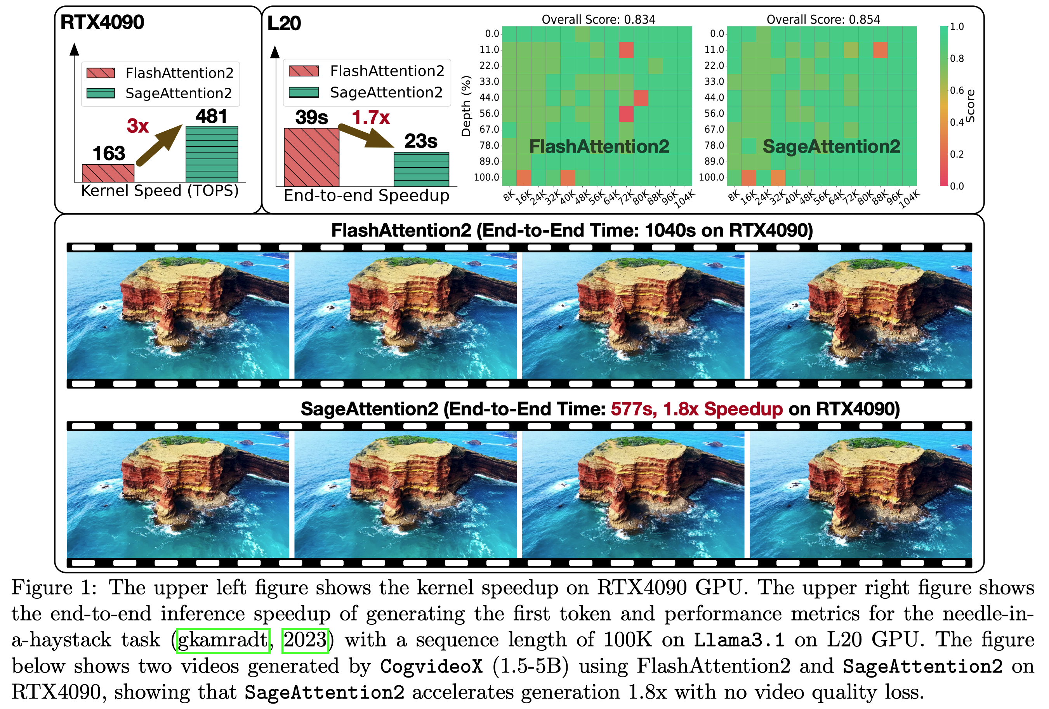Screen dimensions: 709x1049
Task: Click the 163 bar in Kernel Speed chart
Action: pyautogui.click(x=108, y=173)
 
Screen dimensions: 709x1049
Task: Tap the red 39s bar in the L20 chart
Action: pyautogui.click(x=311, y=157)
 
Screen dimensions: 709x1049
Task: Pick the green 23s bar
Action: pyautogui.click(x=421, y=169)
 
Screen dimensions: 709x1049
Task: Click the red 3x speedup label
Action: pyautogui.click(x=138, y=126)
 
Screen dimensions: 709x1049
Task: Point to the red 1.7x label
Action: pyautogui.click(x=371, y=118)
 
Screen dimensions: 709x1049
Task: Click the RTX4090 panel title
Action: pyautogui.click(x=102, y=22)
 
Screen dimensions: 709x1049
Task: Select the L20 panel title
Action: pyautogui.click(x=284, y=23)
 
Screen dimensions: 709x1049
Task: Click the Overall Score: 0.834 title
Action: pyautogui.click(x=598, y=19)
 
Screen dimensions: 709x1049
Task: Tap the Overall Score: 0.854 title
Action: pyautogui.click(x=823, y=19)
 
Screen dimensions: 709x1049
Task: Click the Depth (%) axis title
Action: pyautogui.click(x=466, y=106)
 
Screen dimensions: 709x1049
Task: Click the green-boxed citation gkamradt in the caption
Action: pyautogui.click(x=223, y=640)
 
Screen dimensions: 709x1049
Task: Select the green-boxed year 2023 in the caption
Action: pyautogui.click(x=305, y=640)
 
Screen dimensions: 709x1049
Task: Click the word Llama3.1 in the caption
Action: pyautogui.click(x=739, y=640)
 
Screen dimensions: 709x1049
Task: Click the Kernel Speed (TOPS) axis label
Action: pyautogui.click(x=160, y=190)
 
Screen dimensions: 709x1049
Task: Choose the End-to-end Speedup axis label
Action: pyautogui.click(x=366, y=195)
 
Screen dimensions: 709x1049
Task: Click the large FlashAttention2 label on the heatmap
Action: pyautogui.click(x=599, y=146)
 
